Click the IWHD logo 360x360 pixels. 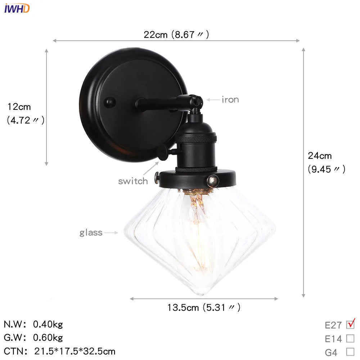(17, 8)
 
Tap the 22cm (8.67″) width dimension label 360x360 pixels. (176, 35)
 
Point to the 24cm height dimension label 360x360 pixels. (320, 156)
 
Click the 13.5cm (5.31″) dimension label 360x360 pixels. (203, 307)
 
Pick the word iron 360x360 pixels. (230, 100)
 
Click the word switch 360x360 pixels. (133, 181)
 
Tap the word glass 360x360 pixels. (91, 233)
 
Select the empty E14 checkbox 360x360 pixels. (350, 338)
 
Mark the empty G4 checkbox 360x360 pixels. (350, 352)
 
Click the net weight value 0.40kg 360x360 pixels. (48, 324)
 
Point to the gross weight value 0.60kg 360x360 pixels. (48, 338)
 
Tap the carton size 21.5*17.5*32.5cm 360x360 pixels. (75, 351)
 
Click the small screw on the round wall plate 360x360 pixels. (109, 102)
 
